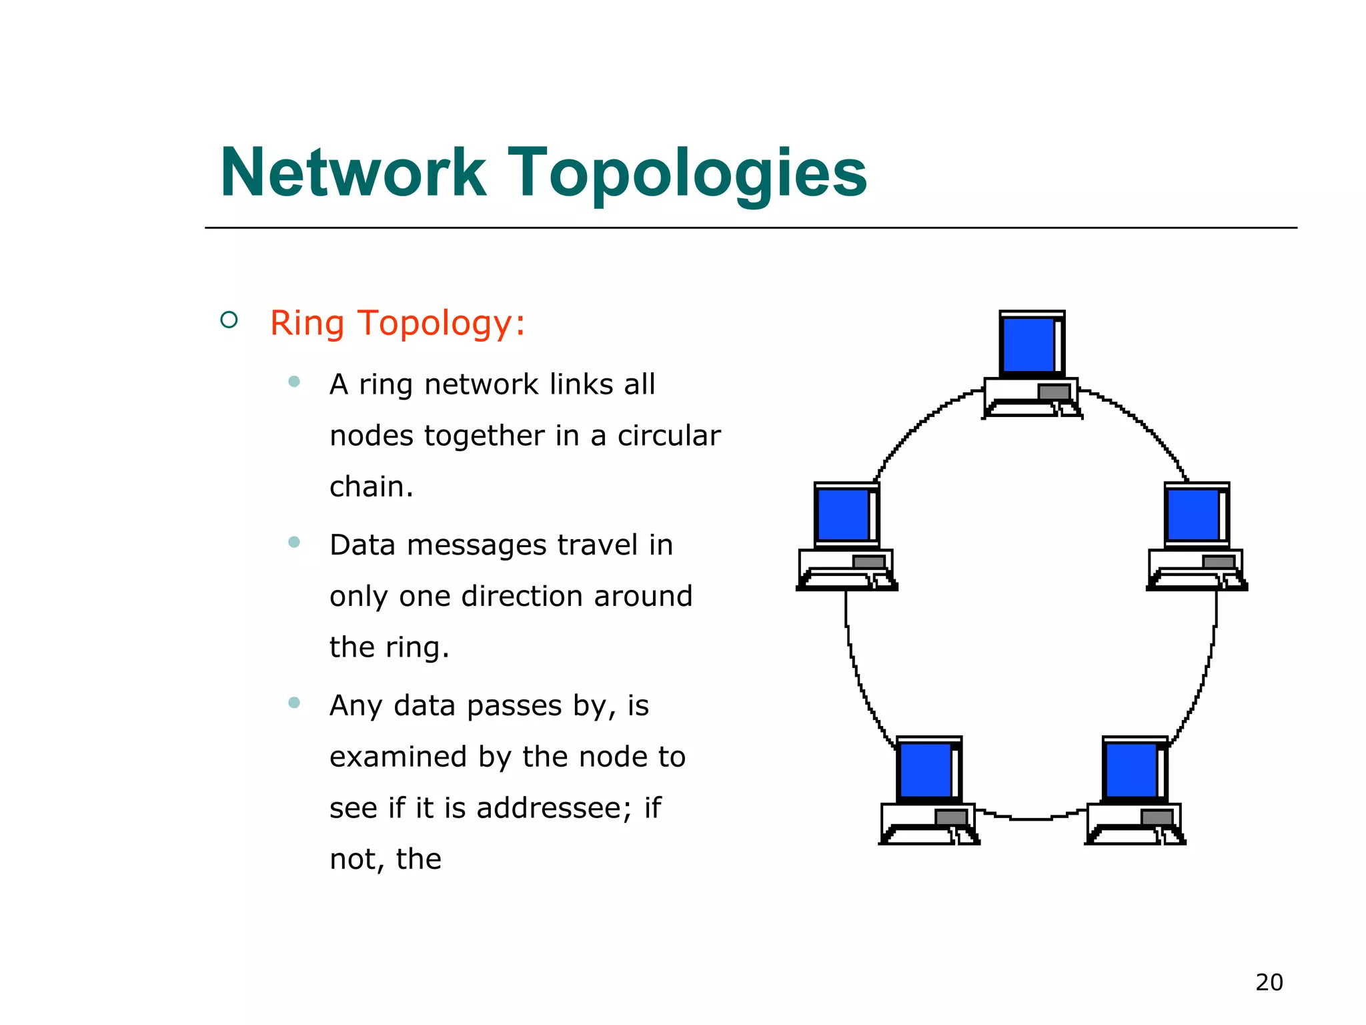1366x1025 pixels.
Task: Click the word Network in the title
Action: pos(353,173)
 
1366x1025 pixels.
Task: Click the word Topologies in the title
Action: pos(687,175)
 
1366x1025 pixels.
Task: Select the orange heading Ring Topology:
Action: pos(398,323)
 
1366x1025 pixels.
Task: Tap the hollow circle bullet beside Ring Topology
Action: pos(229,320)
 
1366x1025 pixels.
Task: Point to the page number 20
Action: pos(1269,982)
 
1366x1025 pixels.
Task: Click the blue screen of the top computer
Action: pos(1029,344)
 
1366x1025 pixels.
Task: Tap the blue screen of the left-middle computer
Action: pos(843,515)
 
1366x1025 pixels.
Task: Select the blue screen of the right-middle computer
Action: pos(1193,515)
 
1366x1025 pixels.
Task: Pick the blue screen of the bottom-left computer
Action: pos(925,770)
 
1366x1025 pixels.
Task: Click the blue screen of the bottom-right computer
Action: pos(1131,770)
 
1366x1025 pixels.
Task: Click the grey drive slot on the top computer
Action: pos(1054,392)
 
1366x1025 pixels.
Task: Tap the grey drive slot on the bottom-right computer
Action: pos(1157,817)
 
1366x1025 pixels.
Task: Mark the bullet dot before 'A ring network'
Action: pos(294,382)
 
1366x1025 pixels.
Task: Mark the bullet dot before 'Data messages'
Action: pos(294,542)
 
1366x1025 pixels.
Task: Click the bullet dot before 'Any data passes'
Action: pos(294,702)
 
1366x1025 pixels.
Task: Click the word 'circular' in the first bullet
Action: pos(669,436)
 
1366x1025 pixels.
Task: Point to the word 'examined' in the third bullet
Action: pos(398,757)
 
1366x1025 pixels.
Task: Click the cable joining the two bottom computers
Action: pos(1031,818)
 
